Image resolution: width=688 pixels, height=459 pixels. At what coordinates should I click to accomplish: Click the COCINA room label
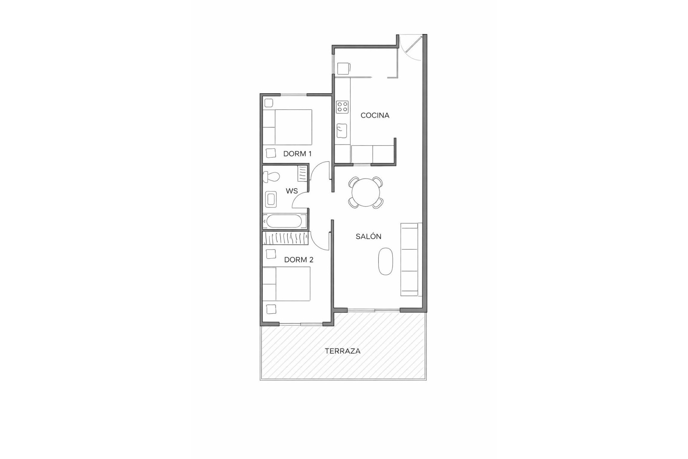[374, 115]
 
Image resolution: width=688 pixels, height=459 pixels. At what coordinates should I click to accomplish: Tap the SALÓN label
[368, 237]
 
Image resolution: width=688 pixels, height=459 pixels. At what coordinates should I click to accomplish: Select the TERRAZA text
[343, 351]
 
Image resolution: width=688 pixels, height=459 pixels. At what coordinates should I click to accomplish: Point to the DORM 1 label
[297, 154]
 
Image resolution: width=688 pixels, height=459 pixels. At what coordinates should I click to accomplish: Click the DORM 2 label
[298, 260]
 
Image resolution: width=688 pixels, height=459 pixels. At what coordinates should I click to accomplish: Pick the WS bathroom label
[292, 191]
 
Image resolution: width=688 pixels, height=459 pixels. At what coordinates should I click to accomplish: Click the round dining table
[365, 193]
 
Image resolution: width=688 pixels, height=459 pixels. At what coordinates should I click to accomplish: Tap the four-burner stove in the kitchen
[342, 107]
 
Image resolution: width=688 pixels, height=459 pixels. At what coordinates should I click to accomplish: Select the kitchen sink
[342, 131]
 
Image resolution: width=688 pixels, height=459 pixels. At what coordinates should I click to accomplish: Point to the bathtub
[285, 221]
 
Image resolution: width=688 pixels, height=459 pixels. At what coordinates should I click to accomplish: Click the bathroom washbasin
[271, 200]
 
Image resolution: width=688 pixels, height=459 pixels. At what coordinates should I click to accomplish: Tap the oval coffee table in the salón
[386, 261]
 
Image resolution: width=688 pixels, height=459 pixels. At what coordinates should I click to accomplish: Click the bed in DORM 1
[288, 127]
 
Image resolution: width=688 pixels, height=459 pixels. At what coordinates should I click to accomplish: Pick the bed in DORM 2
[286, 284]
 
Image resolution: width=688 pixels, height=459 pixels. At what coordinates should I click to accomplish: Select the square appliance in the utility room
[343, 69]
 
